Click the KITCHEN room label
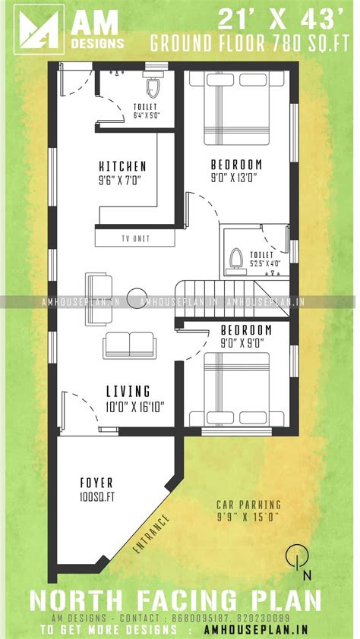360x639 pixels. point(122,166)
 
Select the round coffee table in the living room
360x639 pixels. point(137,297)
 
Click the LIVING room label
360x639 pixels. point(128,392)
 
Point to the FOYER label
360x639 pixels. point(96,483)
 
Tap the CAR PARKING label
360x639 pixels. point(248,504)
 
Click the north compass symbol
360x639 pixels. point(298,557)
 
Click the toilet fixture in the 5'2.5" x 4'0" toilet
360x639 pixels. point(235,258)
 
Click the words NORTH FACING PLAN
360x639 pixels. point(175,600)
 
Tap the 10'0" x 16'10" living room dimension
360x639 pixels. point(128,407)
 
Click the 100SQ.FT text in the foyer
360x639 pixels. point(96,497)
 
